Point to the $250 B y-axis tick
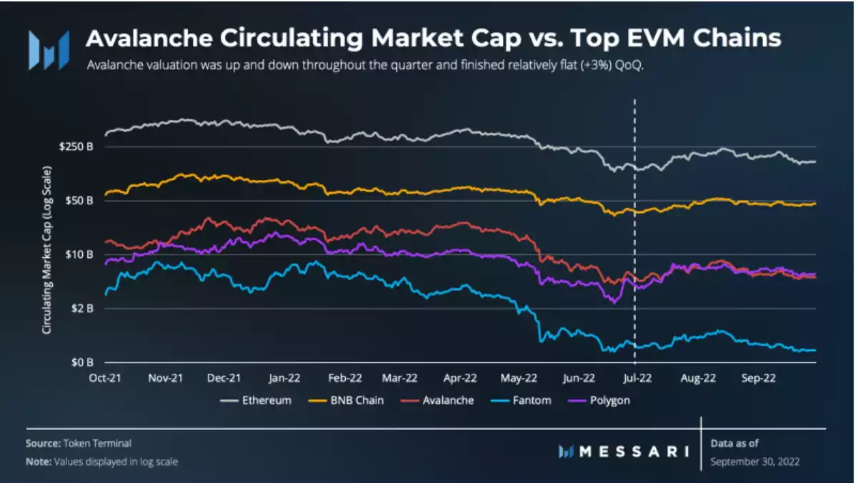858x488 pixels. (79, 146)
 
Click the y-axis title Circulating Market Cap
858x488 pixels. (46, 250)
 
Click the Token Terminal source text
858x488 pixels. (99, 444)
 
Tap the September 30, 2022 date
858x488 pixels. (755, 462)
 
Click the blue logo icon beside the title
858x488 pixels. (49, 50)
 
